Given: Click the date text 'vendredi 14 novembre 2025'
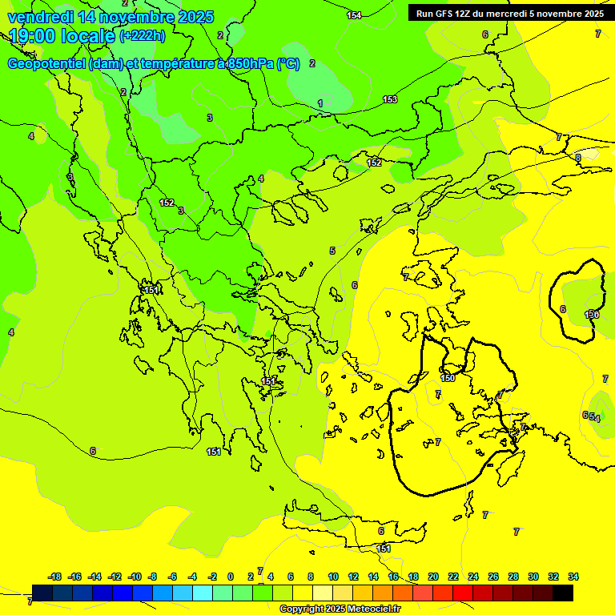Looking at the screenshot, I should [x=111, y=17].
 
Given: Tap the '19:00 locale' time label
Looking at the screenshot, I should [x=62, y=36].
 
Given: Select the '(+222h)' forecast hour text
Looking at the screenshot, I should [x=142, y=36].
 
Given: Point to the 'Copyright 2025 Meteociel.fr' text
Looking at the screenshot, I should [x=340, y=609].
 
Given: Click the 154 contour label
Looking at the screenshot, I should [x=354, y=15].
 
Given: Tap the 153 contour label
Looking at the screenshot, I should [x=390, y=99].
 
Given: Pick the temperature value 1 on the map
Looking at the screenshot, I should [x=320, y=103].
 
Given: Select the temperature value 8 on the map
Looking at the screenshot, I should [x=578, y=158].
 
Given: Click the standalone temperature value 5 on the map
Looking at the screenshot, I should [x=332, y=251].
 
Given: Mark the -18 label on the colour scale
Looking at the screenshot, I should [x=55, y=577].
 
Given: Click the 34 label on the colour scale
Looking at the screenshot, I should [x=573, y=577].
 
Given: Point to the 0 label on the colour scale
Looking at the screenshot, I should [x=231, y=577].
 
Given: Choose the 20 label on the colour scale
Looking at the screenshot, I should [x=432, y=577].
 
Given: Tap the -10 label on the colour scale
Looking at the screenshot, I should [x=135, y=577].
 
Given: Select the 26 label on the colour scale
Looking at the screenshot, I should [x=492, y=577].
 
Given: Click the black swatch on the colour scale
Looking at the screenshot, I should [x=563, y=593].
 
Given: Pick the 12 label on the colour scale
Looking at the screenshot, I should [x=353, y=577].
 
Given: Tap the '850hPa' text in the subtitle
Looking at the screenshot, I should [x=251, y=64].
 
